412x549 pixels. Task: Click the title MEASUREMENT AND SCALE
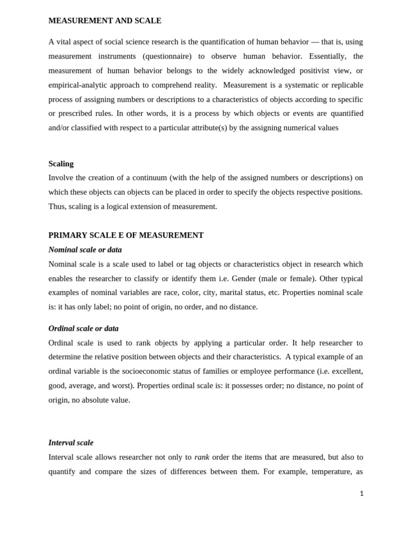click(x=105, y=21)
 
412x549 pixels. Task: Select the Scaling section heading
click(x=61, y=164)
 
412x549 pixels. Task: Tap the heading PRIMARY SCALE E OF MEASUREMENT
click(x=126, y=235)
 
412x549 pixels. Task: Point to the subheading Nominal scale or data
click(x=85, y=250)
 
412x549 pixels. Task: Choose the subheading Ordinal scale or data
click(x=83, y=329)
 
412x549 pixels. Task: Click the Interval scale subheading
click(x=71, y=443)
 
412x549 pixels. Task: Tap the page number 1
click(x=362, y=494)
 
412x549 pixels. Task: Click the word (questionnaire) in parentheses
click(x=167, y=56)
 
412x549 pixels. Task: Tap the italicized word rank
click(x=202, y=457)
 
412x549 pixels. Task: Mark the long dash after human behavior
click(x=315, y=42)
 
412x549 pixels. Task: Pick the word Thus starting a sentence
click(x=57, y=206)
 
